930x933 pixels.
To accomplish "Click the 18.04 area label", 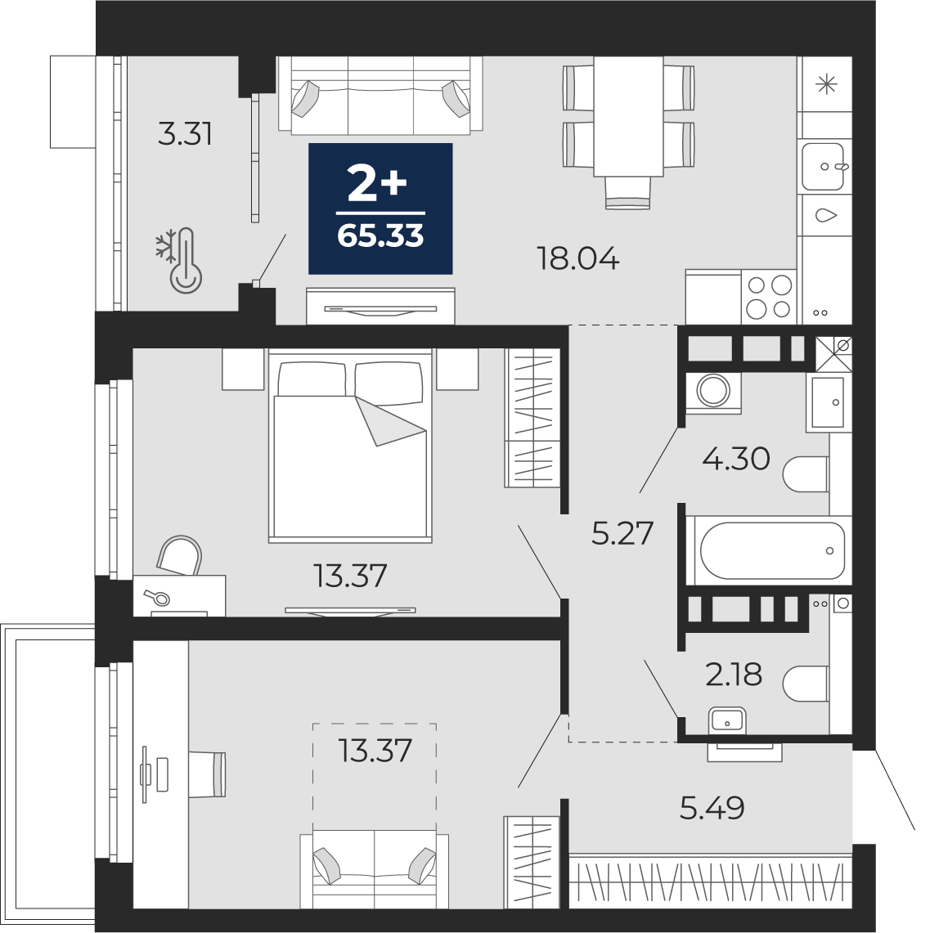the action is (577, 259).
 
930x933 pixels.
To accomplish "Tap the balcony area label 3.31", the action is (185, 134).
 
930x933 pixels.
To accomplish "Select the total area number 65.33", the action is (380, 236).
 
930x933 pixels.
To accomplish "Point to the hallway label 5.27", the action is (622, 533).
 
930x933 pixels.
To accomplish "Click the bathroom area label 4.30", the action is (736, 459).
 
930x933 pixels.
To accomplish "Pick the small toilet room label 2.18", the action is (734, 675).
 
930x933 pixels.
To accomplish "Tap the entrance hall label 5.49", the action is (712, 808).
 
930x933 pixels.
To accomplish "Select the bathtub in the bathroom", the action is (769, 550).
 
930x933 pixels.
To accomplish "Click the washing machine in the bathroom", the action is (713, 392).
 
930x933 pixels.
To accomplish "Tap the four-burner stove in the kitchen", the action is (769, 297).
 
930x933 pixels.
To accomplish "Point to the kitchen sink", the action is (824, 166).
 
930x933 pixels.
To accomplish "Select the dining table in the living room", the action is (628, 117).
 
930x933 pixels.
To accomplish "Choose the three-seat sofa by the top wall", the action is (380, 94).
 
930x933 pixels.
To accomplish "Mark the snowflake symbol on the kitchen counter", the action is (827, 85).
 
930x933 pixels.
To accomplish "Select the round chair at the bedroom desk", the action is (180, 554).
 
